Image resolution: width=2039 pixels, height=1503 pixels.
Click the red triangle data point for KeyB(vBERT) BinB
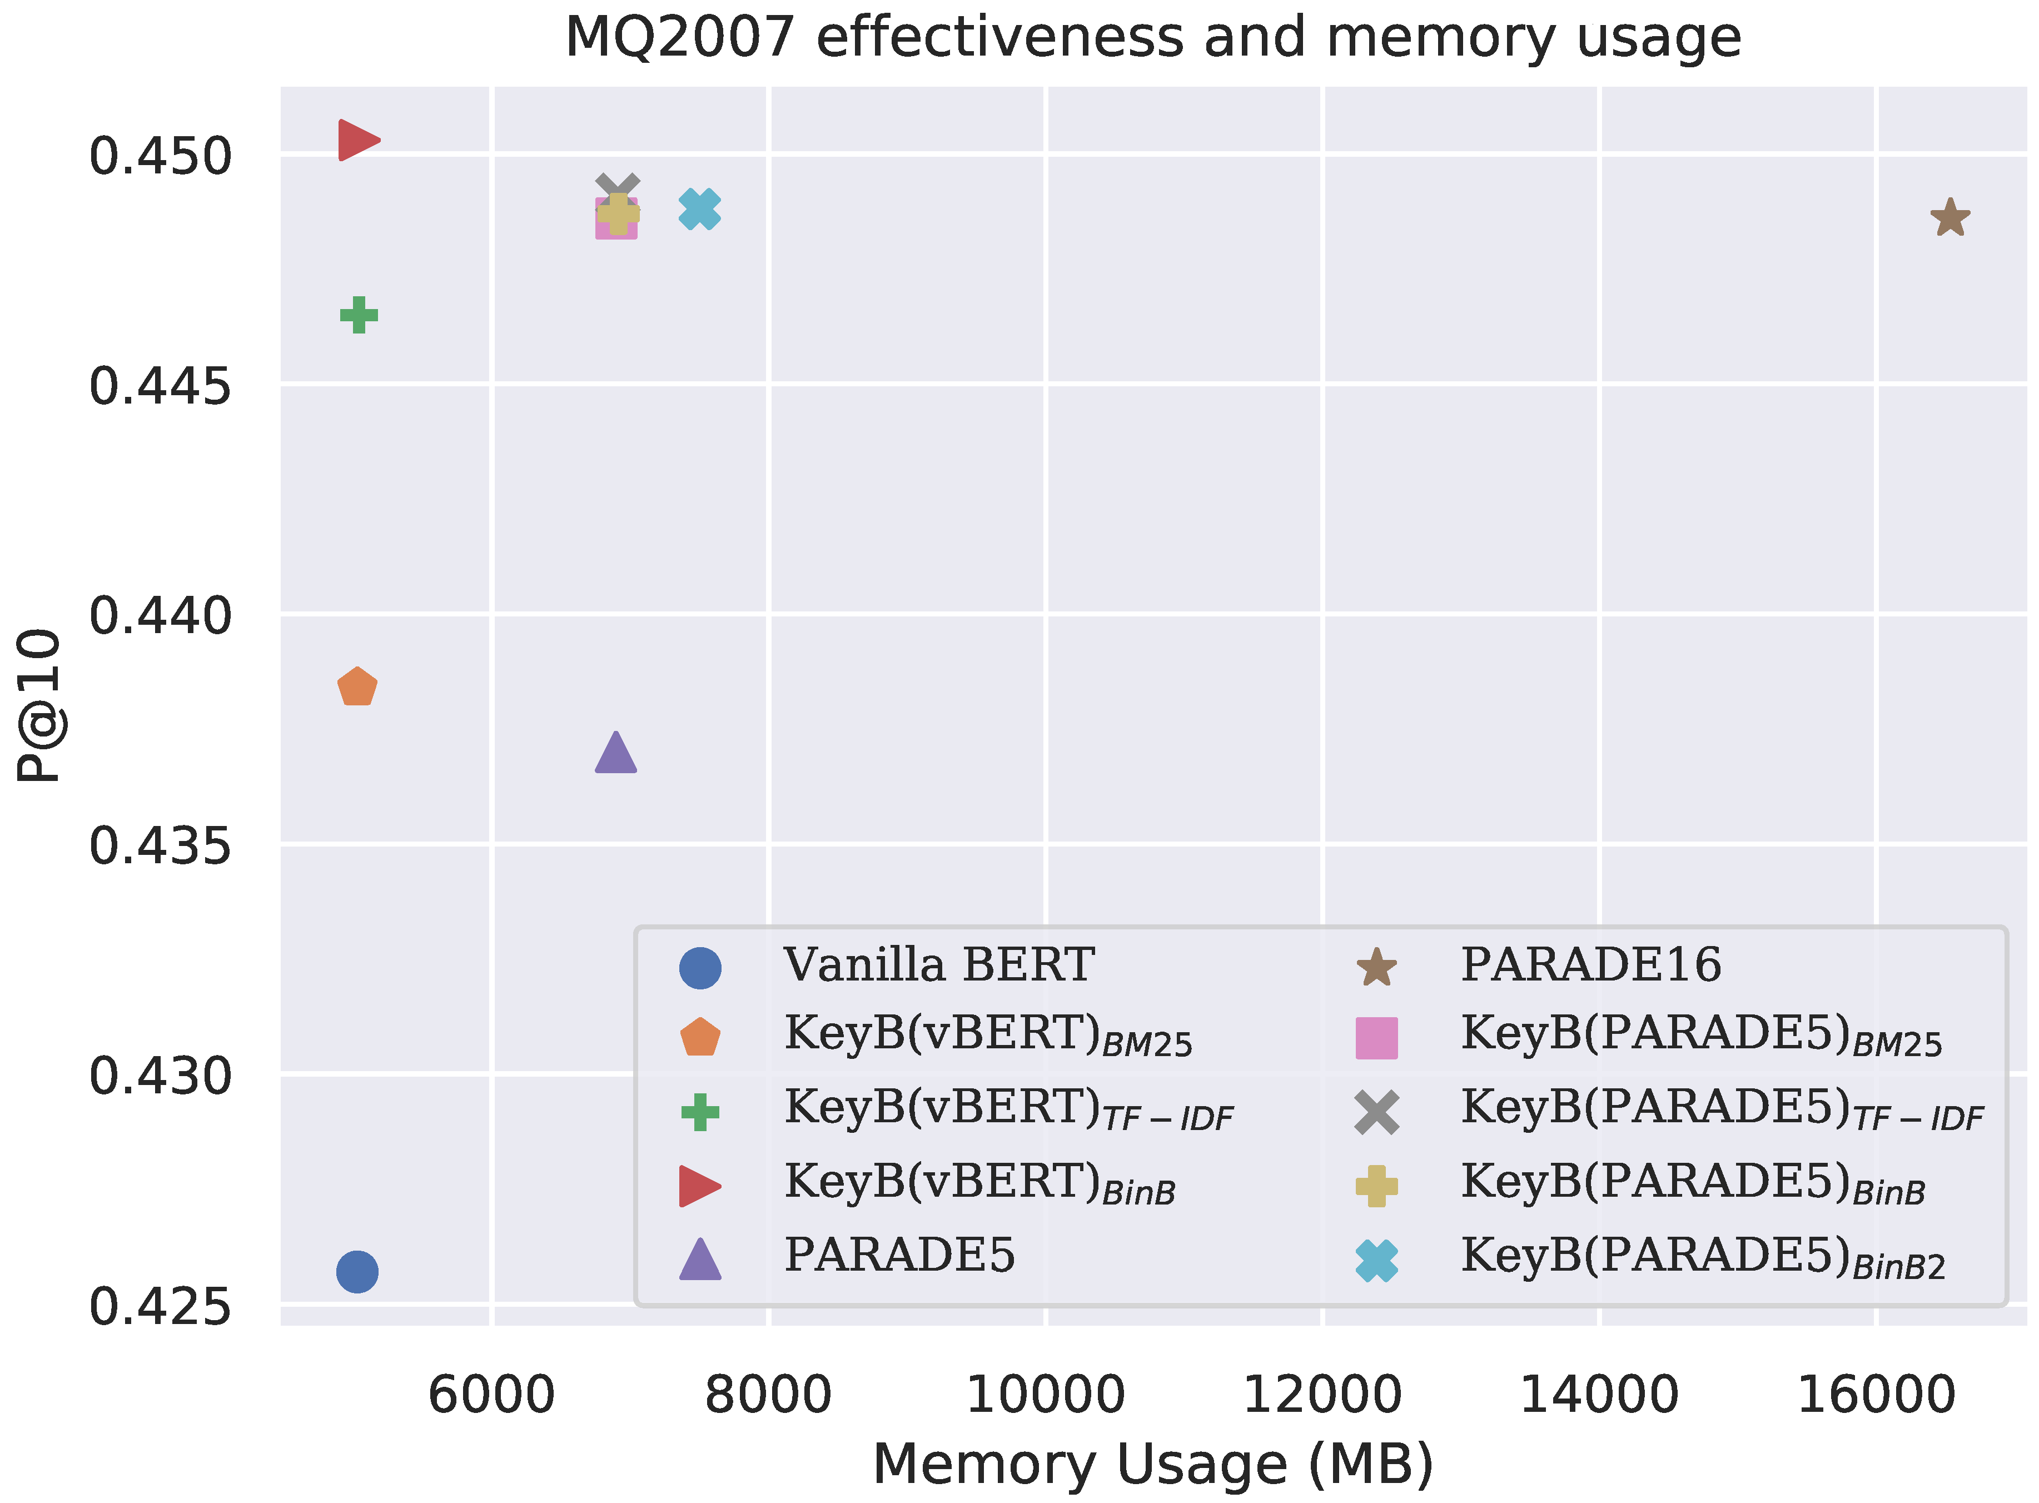click(x=357, y=140)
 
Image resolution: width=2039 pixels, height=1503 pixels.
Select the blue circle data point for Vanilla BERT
click(x=357, y=1271)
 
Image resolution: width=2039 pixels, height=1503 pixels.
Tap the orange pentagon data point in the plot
click(x=357, y=687)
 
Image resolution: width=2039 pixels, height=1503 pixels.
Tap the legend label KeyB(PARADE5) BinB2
click(x=1702, y=1257)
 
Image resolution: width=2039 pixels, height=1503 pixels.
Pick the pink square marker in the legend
click(x=1376, y=1038)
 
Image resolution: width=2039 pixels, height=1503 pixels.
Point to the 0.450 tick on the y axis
click(x=160, y=157)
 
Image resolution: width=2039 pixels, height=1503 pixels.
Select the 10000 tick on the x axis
click(x=1046, y=1395)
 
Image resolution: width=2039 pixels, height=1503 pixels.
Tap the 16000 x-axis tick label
click(x=1876, y=1395)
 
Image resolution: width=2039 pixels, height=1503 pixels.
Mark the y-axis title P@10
click(x=38, y=705)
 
